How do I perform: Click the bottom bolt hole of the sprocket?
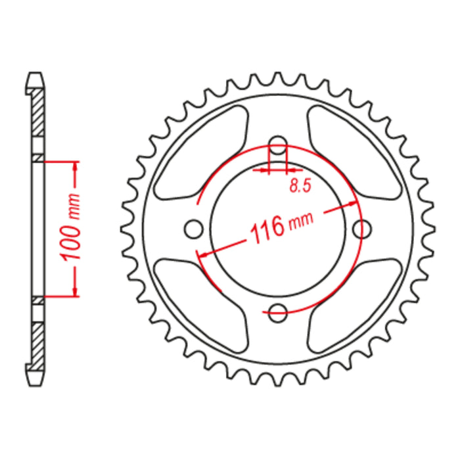pos(279,313)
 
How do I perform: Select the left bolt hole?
pos(193,229)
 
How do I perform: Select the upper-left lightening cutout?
pos(200,154)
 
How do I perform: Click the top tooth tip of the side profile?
pos(37,74)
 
